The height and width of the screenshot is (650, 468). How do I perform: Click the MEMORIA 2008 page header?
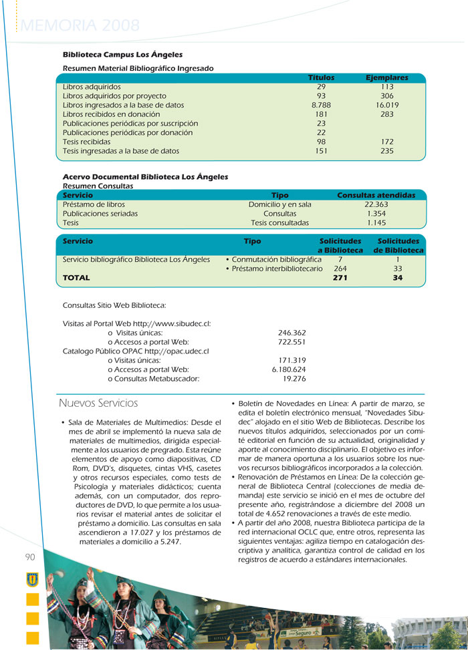click(80, 26)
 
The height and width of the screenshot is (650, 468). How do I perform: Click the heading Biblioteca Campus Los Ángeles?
click(122, 55)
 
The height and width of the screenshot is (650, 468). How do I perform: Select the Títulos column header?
click(321, 77)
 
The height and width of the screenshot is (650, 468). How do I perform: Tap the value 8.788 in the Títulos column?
click(321, 106)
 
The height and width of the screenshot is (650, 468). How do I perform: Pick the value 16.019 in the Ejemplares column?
click(387, 106)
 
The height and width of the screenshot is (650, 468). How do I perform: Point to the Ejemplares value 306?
click(387, 96)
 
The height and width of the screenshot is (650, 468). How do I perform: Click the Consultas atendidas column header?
click(376, 195)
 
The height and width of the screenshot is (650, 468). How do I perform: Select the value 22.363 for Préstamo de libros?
click(377, 204)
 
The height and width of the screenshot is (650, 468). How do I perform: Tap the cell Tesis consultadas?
click(279, 223)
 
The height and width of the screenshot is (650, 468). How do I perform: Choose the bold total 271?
click(340, 278)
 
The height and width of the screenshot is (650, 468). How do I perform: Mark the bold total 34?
click(398, 278)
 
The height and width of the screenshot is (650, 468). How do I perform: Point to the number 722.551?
click(291, 342)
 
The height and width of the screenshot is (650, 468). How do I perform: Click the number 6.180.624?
click(289, 369)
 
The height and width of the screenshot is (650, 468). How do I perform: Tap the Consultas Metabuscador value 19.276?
click(294, 379)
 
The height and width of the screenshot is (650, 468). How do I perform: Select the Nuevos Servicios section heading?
click(98, 403)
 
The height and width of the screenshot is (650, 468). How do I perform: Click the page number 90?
click(31, 558)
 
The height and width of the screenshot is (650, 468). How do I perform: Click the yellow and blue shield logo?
click(31, 579)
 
